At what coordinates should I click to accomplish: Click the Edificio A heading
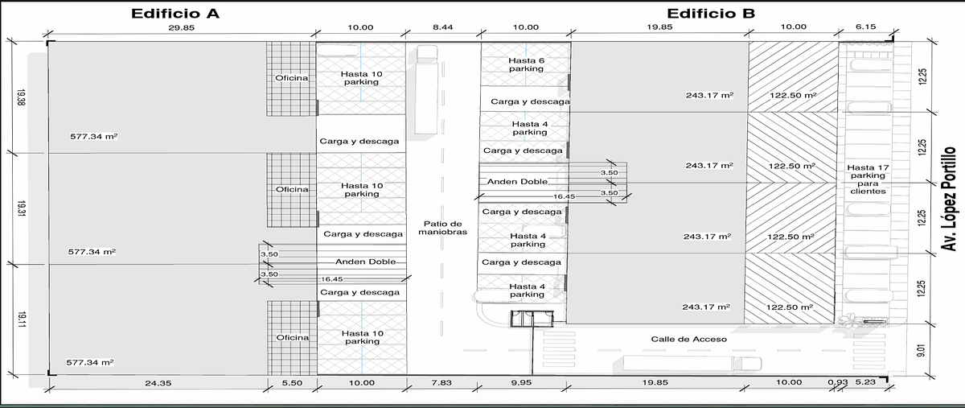pyautogui.click(x=175, y=14)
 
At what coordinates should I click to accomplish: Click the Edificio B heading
pyautogui.click(x=710, y=14)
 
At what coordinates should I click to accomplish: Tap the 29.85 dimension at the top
pyautogui.click(x=182, y=27)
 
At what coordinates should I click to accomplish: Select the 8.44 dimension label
pyautogui.click(x=443, y=27)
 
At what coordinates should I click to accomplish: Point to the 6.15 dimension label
pyautogui.click(x=865, y=27)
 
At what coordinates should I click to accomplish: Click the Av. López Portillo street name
pyautogui.click(x=948, y=199)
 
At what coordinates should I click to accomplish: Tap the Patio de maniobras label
pyautogui.click(x=443, y=228)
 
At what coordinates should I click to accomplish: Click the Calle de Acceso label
pyautogui.click(x=689, y=339)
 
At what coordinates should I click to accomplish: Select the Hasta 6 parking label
pyautogui.click(x=526, y=64)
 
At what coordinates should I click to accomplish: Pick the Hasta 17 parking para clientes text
pyautogui.click(x=868, y=179)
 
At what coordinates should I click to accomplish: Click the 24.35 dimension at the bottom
pyautogui.click(x=158, y=383)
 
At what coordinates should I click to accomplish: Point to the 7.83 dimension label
pyautogui.click(x=441, y=382)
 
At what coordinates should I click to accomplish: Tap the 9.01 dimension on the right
pyautogui.click(x=921, y=350)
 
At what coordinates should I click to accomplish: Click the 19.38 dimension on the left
pyautogui.click(x=21, y=98)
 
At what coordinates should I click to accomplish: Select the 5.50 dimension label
pyautogui.click(x=292, y=383)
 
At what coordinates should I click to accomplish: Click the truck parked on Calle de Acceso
pyautogui.click(x=692, y=363)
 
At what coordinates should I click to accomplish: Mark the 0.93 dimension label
pyautogui.click(x=838, y=382)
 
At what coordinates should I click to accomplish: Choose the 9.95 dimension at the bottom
pyautogui.click(x=521, y=382)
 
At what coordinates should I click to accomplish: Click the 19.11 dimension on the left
pyautogui.click(x=22, y=320)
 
